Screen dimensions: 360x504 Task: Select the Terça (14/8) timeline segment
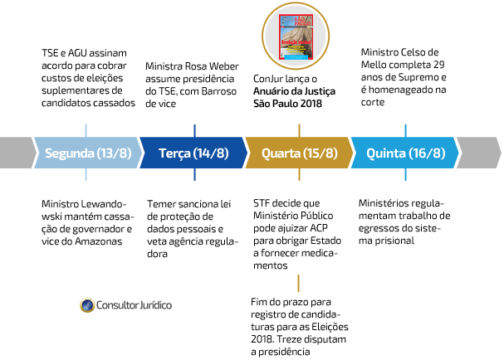pyautogui.click(x=193, y=153)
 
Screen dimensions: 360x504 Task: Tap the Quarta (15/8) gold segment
pyautogui.click(x=299, y=153)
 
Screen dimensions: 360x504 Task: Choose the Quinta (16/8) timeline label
pyautogui.click(x=404, y=153)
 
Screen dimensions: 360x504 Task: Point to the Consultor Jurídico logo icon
pyautogui.click(x=87, y=305)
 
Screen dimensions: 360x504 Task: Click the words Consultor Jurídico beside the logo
pyautogui.click(x=135, y=305)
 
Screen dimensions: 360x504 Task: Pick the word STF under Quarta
pyautogui.click(x=262, y=203)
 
